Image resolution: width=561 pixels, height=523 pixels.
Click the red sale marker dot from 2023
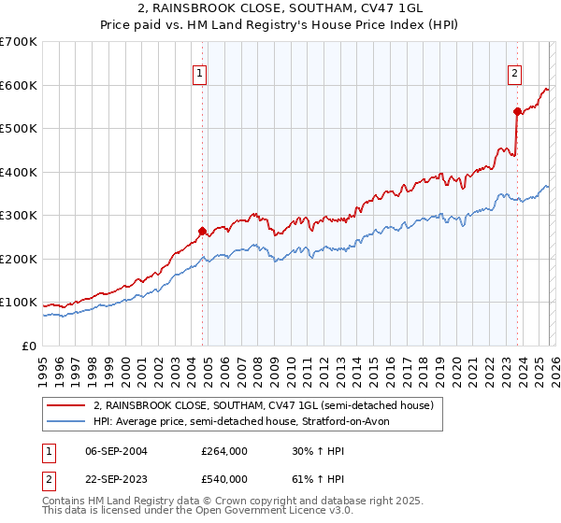(517, 111)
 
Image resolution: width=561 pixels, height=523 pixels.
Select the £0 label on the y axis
(30, 346)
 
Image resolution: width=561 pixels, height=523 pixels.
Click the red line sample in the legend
(68, 406)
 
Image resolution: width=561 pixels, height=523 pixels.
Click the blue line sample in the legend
(68, 422)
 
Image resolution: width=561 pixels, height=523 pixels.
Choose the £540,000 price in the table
(223, 479)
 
